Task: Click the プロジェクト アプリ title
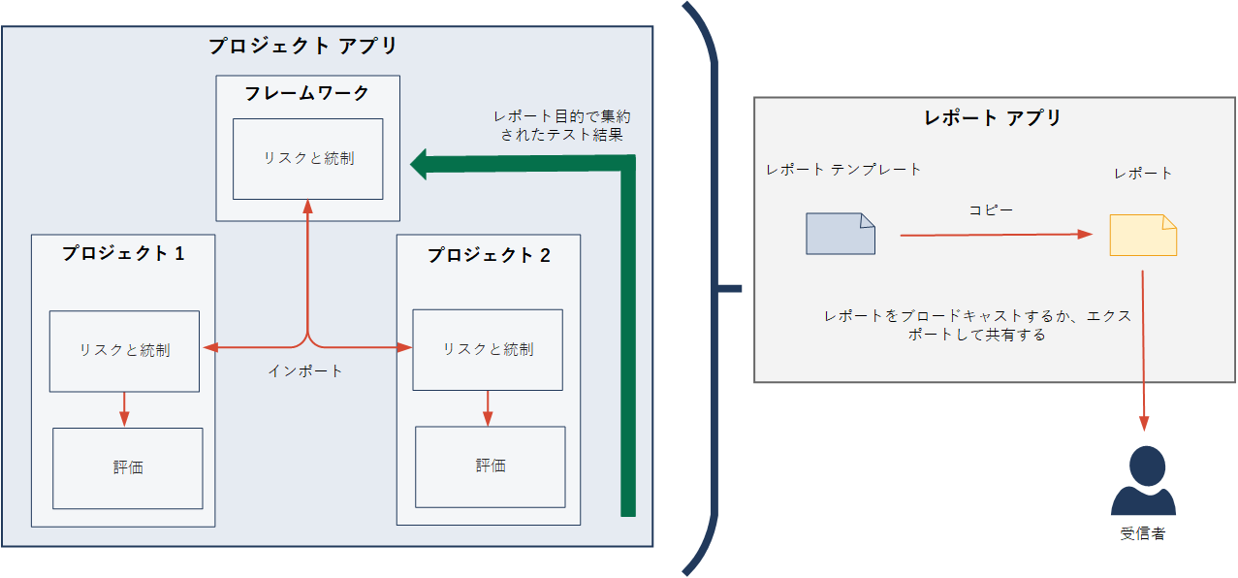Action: point(302,46)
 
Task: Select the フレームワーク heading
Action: point(306,93)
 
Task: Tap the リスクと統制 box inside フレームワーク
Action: point(308,158)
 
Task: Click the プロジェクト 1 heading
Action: point(123,254)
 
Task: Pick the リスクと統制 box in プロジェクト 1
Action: point(124,350)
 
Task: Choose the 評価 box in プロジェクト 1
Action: point(127,467)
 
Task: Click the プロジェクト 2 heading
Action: point(489,255)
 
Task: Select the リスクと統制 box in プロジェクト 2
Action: point(488,349)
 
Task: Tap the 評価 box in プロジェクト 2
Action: point(491,466)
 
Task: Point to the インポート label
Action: point(305,370)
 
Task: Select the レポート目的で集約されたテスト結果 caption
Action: point(561,126)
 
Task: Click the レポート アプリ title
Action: point(993,118)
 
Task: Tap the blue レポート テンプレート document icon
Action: point(840,234)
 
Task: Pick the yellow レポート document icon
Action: point(1143,235)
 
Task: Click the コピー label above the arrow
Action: point(991,209)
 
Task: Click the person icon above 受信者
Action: point(1143,481)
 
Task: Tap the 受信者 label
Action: point(1143,533)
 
